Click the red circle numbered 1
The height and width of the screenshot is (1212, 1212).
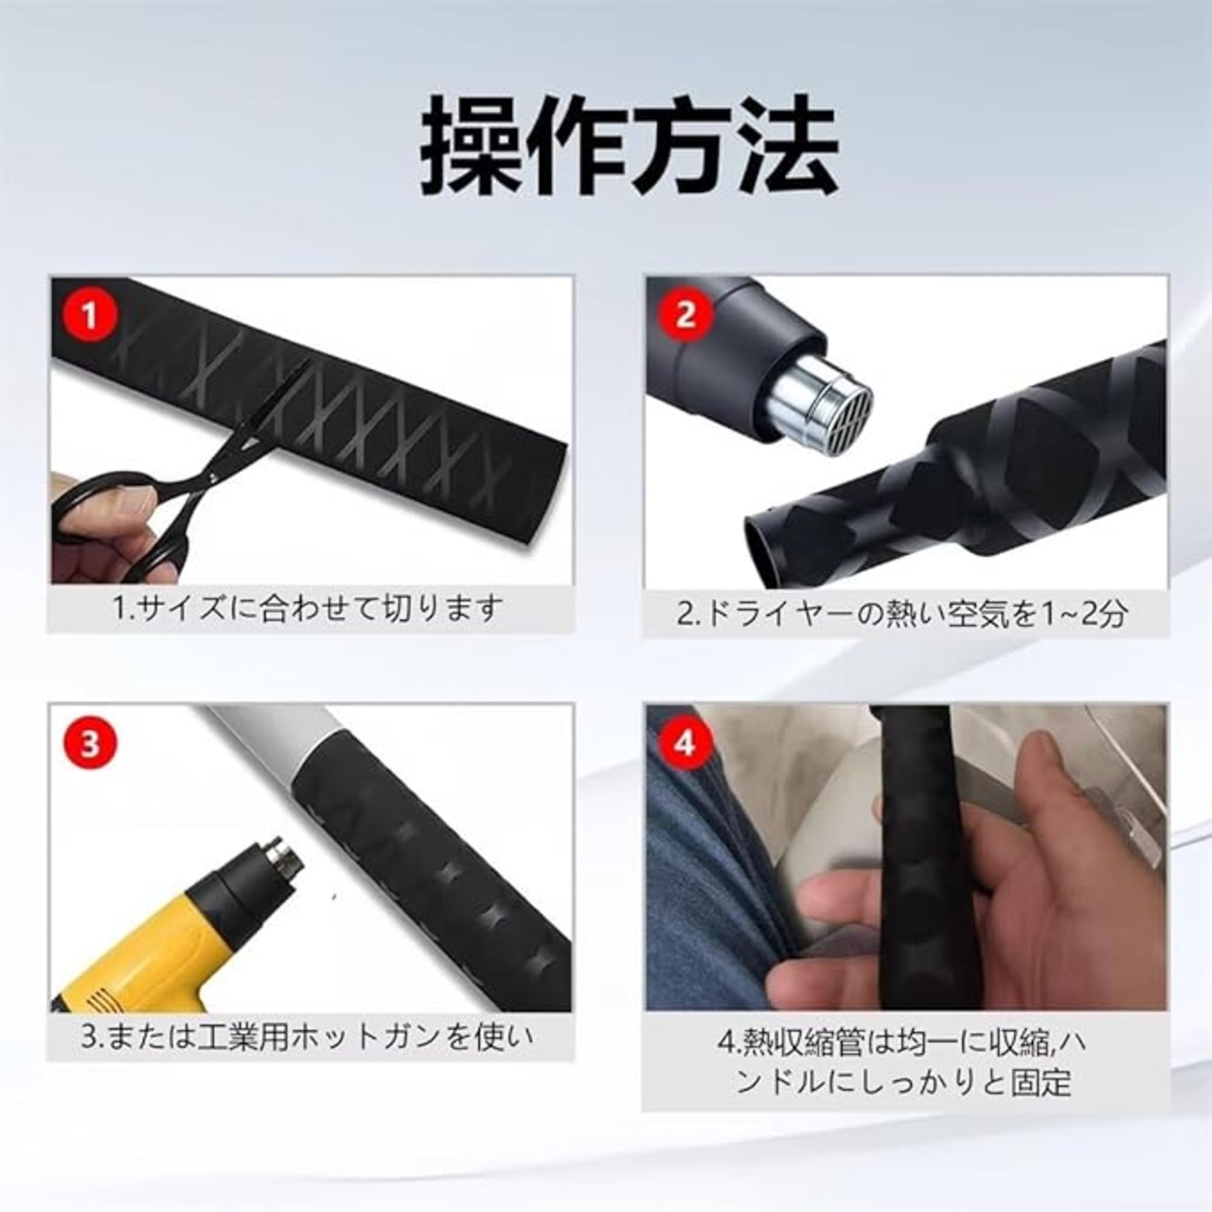pos(90,315)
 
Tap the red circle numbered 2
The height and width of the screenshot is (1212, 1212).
pos(686,315)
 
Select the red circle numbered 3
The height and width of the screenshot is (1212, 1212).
pos(90,744)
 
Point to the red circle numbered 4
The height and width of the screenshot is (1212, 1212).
pos(686,744)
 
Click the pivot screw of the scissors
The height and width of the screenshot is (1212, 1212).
pos(213,478)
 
